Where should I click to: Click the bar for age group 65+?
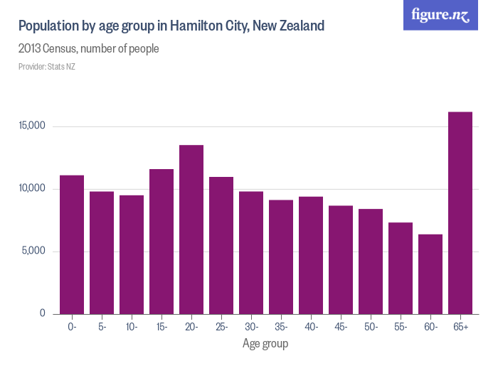coord(460,213)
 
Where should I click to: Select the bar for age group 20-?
coord(191,229)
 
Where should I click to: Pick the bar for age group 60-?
coord(430,274)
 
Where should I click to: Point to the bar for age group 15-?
coord(161,242)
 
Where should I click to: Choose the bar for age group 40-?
coord(311,255)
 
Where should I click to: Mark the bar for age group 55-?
coord(401,268)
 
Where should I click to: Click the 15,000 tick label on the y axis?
coord(32,126)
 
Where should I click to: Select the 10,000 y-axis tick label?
coord(32,188)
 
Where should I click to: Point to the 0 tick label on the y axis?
coord(42,313)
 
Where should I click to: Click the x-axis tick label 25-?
coord(221,327)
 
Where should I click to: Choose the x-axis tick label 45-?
coord(341,327)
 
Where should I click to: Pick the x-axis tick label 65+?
coord(460,327)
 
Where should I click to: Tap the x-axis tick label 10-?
coord(132,327)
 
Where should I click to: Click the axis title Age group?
coord(265,344)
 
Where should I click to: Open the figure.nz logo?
coord(441,15)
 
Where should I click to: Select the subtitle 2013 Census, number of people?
coord(88,49)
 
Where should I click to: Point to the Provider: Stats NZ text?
coord(46,67)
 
